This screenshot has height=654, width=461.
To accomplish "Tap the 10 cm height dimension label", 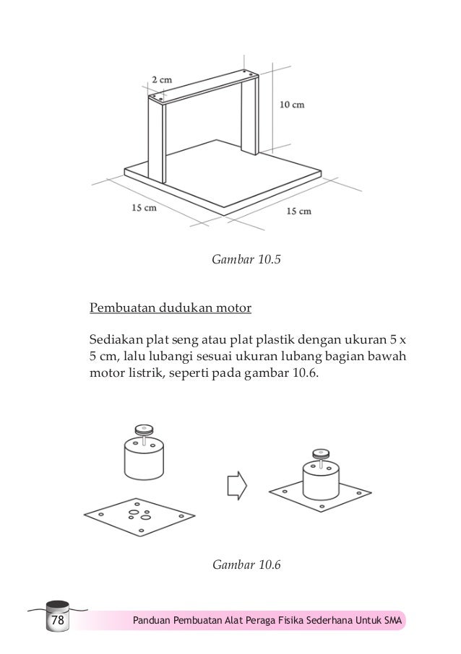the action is click(292, 104).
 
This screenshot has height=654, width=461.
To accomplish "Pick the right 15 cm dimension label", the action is click(299, 211).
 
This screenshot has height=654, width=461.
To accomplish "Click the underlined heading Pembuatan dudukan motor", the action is click(170, 309).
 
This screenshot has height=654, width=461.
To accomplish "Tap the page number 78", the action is click(57, 620).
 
